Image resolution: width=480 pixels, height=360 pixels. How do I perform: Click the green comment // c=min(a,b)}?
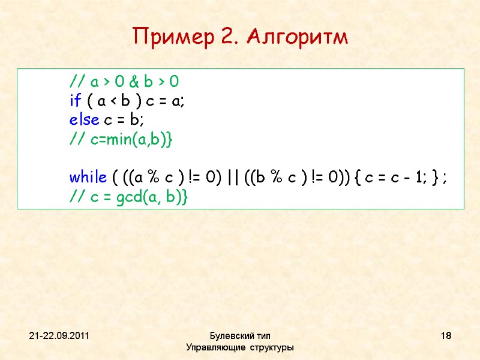pyautogui.click(x=121, y=140)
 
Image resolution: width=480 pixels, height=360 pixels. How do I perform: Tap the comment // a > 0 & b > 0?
pyautogui.click(x=124, y=82)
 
